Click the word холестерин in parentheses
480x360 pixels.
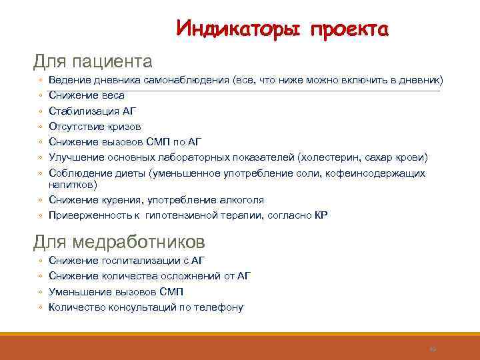[x=332, y=157]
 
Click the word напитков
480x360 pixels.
[x=72, y=184]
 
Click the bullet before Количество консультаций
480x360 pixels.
[x=41, y=307]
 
